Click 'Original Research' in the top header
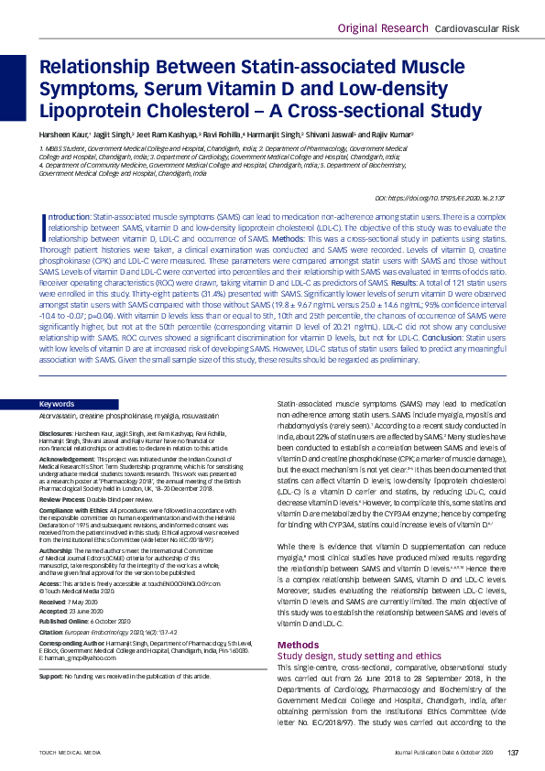(381, 28)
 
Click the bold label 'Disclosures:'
(58, 433)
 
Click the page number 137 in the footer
(513, 752)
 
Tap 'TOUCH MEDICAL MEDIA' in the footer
(69, 752)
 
